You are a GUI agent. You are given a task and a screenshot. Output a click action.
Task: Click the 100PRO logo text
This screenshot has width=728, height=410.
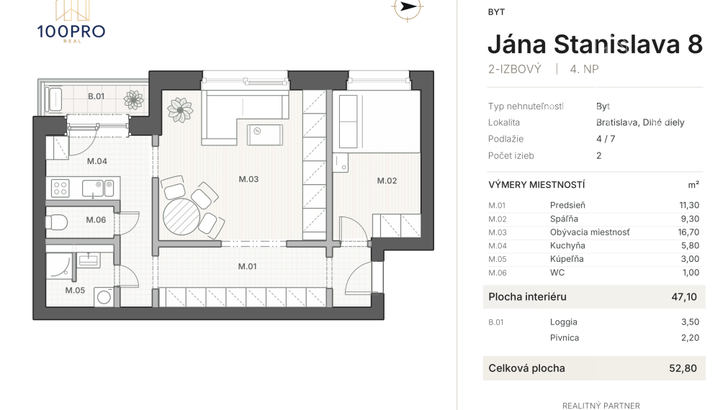71,32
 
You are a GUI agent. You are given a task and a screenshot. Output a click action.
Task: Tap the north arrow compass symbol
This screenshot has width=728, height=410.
407,7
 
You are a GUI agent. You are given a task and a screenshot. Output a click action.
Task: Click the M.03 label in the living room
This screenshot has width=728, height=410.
248,179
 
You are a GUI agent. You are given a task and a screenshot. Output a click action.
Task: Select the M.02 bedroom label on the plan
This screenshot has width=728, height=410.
387,181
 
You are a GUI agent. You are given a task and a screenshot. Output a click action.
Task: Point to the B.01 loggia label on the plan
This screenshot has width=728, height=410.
96,96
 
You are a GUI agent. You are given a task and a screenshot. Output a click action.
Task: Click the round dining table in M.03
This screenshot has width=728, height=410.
181,217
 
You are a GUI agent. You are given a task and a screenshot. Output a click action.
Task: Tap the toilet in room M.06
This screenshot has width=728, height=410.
55,222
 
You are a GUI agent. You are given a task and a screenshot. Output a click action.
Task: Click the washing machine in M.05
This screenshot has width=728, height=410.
104,297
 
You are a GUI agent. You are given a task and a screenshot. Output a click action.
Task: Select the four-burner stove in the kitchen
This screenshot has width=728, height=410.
60,188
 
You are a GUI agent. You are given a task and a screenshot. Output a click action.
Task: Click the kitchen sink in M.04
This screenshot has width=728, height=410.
93,188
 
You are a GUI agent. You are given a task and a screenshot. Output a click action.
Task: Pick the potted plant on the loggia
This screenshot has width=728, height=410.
134,99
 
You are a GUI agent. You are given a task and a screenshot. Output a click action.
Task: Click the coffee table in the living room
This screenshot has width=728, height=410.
265,135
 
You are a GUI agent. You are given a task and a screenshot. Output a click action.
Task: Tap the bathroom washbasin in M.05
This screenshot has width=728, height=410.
89,259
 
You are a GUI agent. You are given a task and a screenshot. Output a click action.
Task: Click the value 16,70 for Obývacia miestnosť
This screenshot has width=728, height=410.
688,232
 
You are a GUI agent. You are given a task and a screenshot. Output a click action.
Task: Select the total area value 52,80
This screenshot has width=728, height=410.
683,368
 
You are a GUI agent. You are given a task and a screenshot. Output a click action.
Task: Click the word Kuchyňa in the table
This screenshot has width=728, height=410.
567,246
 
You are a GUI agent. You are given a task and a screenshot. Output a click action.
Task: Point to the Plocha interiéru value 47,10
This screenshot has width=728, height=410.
684,297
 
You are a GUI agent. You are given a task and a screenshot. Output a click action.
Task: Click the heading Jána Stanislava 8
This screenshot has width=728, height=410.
595,44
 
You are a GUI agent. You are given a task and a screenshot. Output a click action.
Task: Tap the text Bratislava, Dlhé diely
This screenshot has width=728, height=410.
640,122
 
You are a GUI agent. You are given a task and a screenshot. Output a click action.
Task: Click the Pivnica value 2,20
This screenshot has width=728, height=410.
690,337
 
